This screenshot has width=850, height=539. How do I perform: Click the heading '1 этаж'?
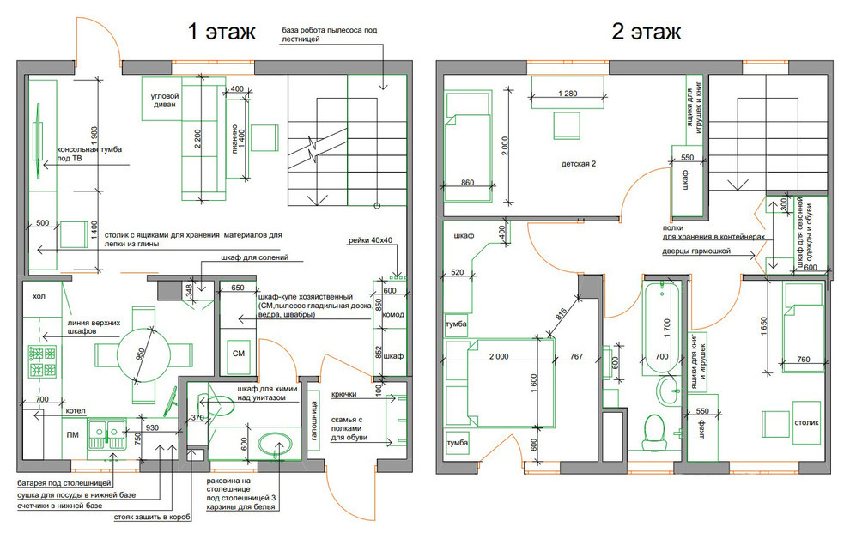222,32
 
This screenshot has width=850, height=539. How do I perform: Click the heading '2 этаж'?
647,32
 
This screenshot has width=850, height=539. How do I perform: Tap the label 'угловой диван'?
164,100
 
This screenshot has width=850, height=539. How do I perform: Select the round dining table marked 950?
143,354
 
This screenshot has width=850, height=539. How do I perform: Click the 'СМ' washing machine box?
239,354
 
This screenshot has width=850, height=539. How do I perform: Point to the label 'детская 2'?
579,164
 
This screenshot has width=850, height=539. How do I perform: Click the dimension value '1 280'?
568,94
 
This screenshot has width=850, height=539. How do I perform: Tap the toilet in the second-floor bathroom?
653,433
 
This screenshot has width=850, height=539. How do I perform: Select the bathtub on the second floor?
661,328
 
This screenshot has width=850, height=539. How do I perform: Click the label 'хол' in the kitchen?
39,296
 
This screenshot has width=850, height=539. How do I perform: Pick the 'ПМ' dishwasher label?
72,434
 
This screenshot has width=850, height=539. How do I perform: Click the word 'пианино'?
234,139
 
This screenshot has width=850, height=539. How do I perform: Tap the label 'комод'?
393,314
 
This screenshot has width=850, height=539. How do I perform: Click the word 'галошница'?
313,421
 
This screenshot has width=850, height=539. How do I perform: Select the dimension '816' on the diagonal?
562,313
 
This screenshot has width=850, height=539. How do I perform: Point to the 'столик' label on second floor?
806,422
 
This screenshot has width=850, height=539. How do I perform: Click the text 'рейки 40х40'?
370,240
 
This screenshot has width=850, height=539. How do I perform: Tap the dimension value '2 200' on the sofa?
197,139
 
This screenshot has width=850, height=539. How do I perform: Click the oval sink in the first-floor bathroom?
276,445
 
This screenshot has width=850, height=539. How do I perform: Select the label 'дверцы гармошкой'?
696,251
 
